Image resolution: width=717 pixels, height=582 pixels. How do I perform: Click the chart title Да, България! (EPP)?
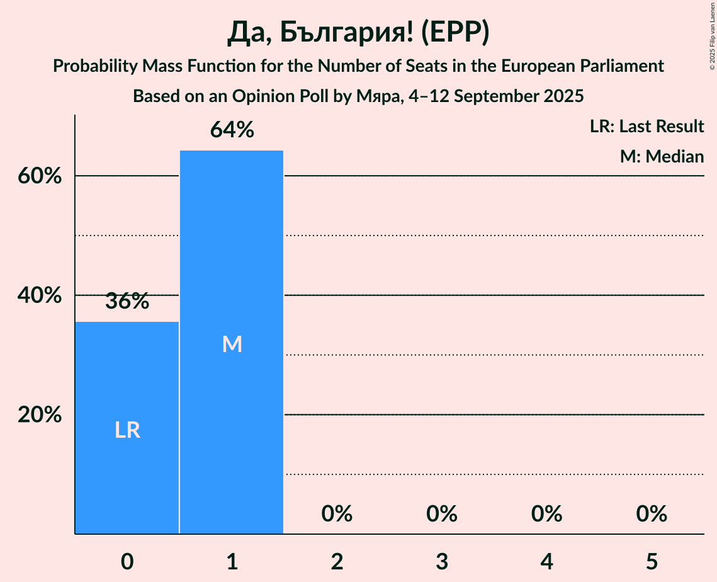point(358,33)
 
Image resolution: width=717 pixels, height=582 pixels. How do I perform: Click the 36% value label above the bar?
point(127,302)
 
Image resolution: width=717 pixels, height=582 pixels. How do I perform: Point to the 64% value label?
point(232,130)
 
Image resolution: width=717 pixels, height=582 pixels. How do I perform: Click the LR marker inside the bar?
point(127,430)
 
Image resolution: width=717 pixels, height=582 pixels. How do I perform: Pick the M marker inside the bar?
point(232,344)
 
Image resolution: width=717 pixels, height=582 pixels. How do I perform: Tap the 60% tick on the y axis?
point(40,176)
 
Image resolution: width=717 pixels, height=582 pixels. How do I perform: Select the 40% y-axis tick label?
point(40,295)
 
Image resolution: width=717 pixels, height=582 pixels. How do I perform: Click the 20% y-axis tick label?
point(40,415)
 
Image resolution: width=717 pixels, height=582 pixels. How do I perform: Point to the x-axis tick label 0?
point(127,561)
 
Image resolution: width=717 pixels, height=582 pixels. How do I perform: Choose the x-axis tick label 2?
point(337,561)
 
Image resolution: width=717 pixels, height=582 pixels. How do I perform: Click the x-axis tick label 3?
point(442,561)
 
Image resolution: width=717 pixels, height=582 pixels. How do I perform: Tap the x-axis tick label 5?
point(652,561)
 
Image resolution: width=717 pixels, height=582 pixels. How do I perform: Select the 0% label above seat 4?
point(546,515)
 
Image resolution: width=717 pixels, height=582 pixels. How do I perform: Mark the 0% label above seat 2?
point(337,515)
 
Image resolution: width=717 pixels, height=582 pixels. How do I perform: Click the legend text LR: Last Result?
point(646,127)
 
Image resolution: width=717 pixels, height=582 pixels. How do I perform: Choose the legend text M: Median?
point(662,157)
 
